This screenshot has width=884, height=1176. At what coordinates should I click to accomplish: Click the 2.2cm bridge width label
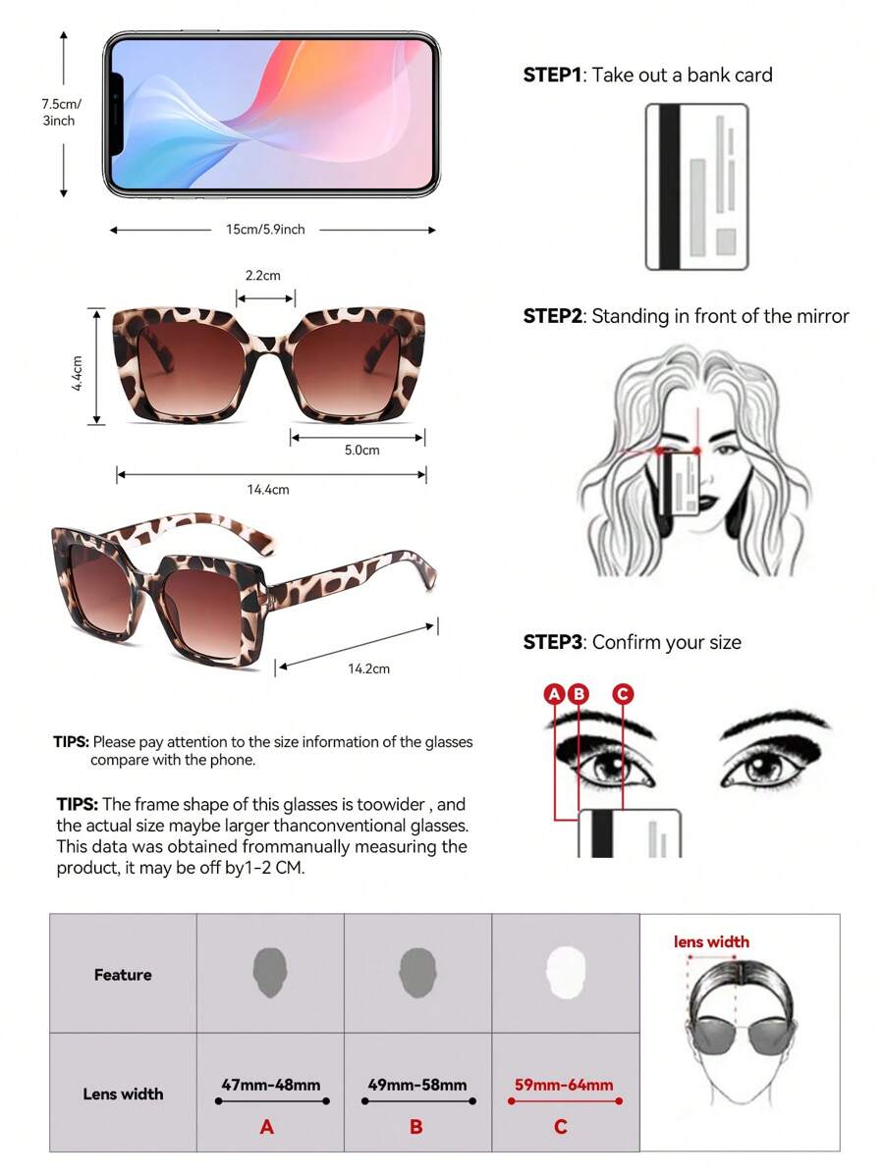(262, 275)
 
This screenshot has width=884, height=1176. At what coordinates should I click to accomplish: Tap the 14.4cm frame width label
(268, 490)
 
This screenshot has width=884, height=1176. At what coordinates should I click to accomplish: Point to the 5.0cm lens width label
(361, 450)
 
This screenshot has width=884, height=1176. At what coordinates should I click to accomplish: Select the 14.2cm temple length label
(368, 668)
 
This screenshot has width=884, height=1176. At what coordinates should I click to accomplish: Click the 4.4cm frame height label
(77, 373)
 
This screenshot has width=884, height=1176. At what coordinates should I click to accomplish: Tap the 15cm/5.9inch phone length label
(265, 230)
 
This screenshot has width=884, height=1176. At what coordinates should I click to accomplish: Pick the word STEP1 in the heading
(552, 75)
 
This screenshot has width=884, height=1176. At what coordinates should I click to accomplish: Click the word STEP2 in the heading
(552, 316)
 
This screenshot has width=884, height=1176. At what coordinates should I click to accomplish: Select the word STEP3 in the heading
(552, 643)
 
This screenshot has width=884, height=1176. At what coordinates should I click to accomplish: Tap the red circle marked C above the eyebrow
(623, 694)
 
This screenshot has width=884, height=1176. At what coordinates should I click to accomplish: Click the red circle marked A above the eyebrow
(554, 694)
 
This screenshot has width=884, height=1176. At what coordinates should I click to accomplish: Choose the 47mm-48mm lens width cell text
(271, 1086)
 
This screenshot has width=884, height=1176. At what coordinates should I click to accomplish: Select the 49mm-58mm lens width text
(417, 1086)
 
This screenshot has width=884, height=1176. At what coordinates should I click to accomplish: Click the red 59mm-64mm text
(564, 1086)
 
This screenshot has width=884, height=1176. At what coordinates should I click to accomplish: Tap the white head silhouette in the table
(565, 972)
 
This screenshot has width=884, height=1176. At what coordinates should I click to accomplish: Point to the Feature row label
(123, 975)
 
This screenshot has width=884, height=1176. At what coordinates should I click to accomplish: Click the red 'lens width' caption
(711, 942)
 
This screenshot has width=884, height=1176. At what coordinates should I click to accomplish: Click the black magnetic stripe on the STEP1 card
(669, 187)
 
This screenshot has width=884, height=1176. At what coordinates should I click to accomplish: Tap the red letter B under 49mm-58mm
(416, 1127)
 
